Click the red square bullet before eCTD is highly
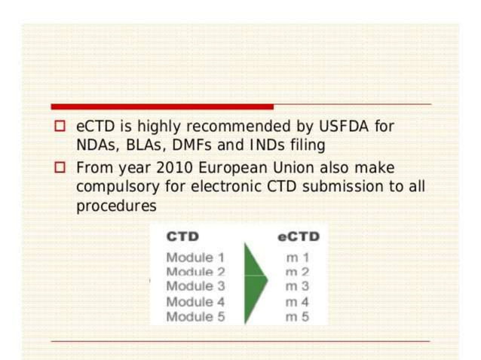[60, 127]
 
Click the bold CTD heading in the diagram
[182, 236]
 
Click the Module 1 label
[195, 258]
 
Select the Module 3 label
[195, 286]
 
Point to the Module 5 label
[195, 316]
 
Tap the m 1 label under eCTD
[297, 258]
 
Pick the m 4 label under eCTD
[297, 302]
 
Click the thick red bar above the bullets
[162, 106]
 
